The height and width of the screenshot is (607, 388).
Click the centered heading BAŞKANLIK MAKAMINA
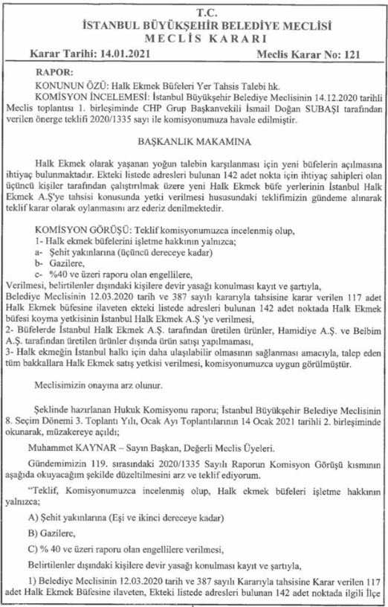tap(194, 140)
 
